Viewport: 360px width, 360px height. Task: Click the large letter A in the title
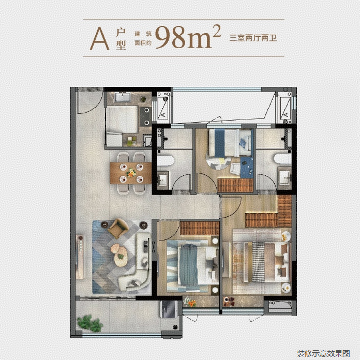[x=99, y=39]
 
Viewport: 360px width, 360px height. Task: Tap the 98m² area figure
[x=188, y=37]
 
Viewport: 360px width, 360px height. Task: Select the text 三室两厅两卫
[x=253, y=38]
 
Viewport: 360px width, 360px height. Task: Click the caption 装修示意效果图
[x=323, y=353]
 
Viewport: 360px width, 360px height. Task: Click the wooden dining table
[x=130, y=173]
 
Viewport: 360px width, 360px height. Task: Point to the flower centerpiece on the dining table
[x=131, y=173]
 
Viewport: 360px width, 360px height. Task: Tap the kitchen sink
[x=123, y=97]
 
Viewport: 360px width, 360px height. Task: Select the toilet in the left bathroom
[x=166, y=161]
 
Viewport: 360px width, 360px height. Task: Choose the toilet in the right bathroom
[x=283, y=158]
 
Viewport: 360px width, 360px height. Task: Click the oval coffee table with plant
[x=121, y=256]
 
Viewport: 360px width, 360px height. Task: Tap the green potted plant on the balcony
[x=90, y=323]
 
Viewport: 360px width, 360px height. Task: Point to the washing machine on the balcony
[x=169, y=309]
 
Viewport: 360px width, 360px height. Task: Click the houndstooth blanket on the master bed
[x=258, y=262]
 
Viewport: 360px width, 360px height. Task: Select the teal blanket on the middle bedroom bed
[x=189, y=265]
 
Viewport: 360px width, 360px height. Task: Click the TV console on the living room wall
[x=80, y=257]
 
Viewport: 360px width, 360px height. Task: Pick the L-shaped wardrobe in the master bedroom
[x=271, y=217]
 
